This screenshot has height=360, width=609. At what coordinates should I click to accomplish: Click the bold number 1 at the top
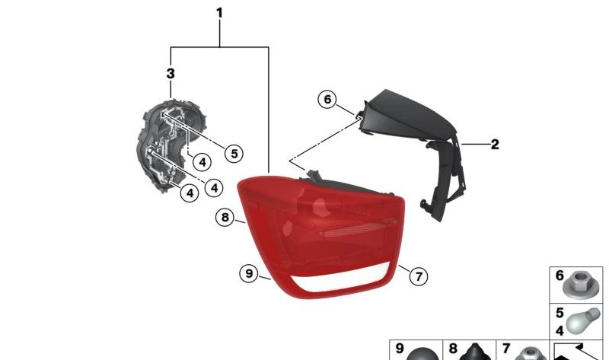(x=219, y=13)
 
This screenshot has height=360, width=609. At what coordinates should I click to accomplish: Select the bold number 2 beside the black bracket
(x=495, y=145)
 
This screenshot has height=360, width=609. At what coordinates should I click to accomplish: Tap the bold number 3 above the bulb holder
(x=171, y=73)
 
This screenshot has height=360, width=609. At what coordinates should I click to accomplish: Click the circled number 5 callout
(x=234, y=154)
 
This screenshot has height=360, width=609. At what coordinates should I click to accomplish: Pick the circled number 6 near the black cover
(x=327, y=100)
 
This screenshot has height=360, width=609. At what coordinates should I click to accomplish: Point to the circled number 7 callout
(x=419, y=276)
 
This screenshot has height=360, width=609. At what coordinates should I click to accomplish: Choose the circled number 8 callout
(x=225, y=217)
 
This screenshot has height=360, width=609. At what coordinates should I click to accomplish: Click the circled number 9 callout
(x=249, y=273)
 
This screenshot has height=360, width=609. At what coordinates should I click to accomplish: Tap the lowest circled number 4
(x=190, y=193)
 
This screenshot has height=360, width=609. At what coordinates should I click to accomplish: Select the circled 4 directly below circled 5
(x=202, y=162)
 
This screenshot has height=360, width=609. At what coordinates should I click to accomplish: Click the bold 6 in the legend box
(x=560, y=276)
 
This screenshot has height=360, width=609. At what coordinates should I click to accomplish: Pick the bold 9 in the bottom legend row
(x=400, y=349)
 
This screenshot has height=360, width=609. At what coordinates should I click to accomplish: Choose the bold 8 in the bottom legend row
(x=453, y=349)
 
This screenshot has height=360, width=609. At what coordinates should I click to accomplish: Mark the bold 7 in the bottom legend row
(x=506, y=349)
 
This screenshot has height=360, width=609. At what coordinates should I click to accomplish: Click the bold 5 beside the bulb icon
(x=560, y=313)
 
